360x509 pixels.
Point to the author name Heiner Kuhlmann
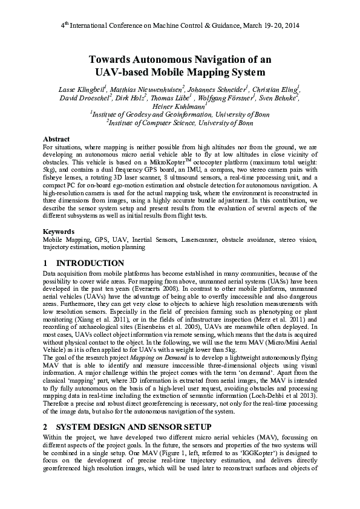[179, 106]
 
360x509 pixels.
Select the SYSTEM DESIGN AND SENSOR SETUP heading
[128, 427]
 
